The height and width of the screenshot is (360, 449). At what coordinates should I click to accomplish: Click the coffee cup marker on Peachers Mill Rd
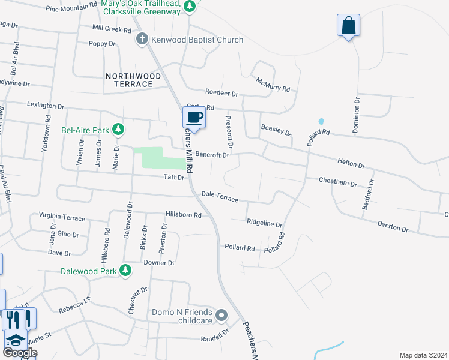(194, 117)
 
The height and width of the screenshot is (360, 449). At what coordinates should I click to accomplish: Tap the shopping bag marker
(348, 26)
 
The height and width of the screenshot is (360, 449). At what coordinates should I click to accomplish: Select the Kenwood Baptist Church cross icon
(142, 40)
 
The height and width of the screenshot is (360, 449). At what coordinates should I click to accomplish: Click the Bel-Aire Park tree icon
(119, 129)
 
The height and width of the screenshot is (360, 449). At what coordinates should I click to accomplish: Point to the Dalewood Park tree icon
(125, 271)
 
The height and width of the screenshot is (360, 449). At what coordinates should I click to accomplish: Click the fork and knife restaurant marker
(19, 319)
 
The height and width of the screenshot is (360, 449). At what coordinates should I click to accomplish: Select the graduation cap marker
(16, 341)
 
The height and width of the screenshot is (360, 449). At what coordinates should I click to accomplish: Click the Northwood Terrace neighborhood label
(133, 80)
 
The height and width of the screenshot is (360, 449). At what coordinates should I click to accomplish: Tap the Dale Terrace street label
(220, 196)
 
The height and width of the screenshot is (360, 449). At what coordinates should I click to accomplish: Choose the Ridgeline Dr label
(264, 223)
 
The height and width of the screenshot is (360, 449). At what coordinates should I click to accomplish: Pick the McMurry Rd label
(273, 85)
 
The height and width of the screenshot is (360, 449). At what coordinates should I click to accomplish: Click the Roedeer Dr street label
(221, 94)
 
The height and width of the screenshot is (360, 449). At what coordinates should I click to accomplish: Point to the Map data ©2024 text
(423, 355)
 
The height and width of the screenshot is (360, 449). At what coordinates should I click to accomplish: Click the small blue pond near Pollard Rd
(321, 121)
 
